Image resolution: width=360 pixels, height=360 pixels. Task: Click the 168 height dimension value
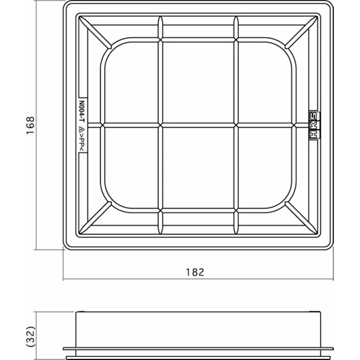point(30,125)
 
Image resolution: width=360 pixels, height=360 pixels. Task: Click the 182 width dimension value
point(195,272)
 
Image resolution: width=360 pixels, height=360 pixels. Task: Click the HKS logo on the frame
point(314,125)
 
